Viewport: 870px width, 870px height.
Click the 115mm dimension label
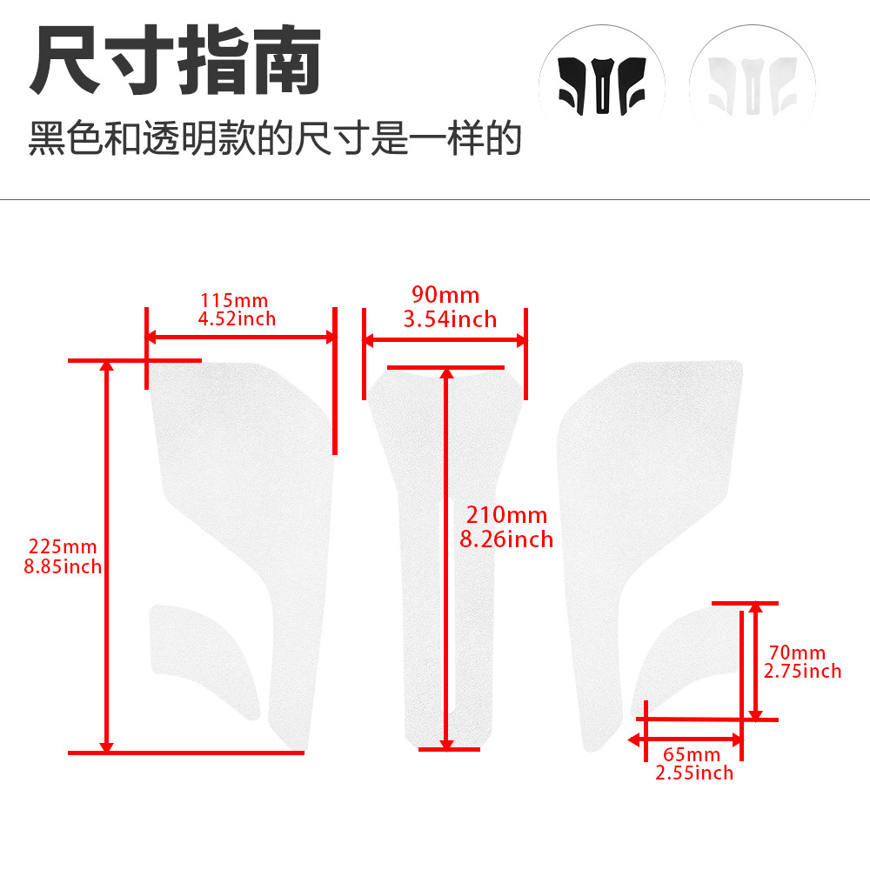[x=234, y=300]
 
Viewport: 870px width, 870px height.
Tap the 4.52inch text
[x=237, y=319]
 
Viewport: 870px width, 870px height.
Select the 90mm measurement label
[x=445, y=295]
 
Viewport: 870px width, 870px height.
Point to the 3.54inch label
[x=450, y=319]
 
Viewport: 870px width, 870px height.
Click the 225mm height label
[x=63, y=546]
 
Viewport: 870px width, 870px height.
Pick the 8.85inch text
[x=63, y=566]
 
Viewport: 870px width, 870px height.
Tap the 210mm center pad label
[x=506, y=515]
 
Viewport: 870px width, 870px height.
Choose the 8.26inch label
[x=506, y=539]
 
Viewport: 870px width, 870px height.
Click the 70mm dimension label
[x=797, y=652]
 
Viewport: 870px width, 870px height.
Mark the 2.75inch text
[x=802, y=672]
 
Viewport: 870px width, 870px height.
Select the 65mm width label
[x=692, y=754]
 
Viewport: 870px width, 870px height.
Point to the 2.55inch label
[x=694, y=773]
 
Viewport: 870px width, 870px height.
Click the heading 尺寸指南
[x=176, y=60]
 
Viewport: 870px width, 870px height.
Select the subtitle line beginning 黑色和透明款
[x=275, y=138]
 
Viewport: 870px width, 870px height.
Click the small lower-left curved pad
[x=203, y=660]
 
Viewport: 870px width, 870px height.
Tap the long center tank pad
[x=445, y=555]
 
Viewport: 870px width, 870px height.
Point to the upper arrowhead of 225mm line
[x=106, y=365]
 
